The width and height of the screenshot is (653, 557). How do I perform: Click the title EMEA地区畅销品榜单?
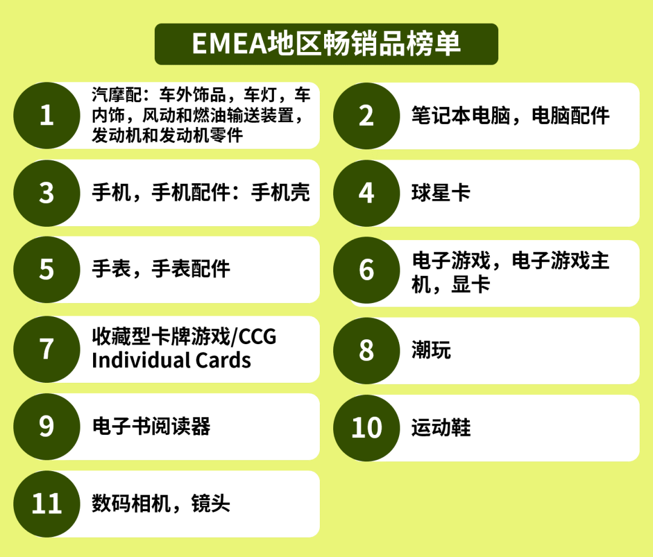coord(326,44)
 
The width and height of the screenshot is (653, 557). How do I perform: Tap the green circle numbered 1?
coord(47,116)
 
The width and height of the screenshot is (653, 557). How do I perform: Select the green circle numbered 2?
coord(366,116)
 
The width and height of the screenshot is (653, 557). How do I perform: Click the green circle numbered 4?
coord(366,193)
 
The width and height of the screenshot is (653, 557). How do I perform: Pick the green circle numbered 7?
coord(47,349)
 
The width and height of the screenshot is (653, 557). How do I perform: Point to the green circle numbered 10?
coord(366,428)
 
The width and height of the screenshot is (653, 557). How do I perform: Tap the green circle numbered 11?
coord(47,504)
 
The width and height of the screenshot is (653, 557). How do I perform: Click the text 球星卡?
coord(441,194)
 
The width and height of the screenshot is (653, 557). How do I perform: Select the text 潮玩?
coord(431,350)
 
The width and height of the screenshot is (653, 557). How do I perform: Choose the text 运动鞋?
coord(441,428)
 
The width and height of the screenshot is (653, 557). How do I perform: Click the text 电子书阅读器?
coord(151,427)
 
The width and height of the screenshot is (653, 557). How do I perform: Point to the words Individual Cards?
coord(171,360)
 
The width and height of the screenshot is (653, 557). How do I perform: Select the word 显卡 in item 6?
coord(470,285)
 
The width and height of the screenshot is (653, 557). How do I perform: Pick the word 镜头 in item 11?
coord(210,504)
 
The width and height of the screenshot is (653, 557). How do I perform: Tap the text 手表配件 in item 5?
coord(190,269)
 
